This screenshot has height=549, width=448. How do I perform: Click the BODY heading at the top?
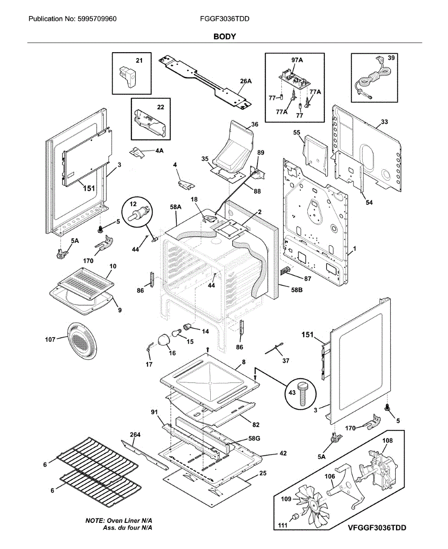pyautogui.click(x=224, y=36)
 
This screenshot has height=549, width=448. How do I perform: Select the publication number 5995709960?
pyautogui.click(x=99, y=19)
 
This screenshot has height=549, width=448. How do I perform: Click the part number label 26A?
pyautogui.click(x=246, y=81)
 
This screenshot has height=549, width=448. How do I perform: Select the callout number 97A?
pyautogui.click(x=297, y=60)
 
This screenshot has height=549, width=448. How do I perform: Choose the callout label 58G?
pyautogui.click(x=254, y=438)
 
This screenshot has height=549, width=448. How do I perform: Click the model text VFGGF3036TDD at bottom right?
pyautogui.click(x=377, y=528)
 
